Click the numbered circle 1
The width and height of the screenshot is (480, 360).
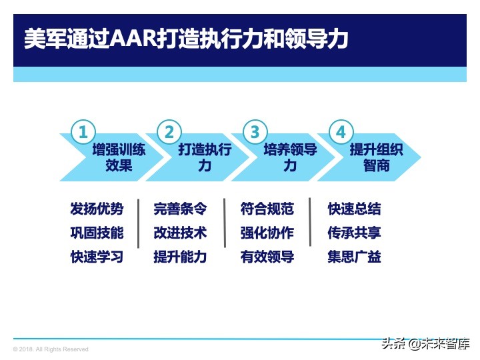tap(82, 131)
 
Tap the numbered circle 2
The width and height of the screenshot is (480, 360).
tap(169, 131)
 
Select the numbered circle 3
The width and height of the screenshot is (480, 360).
tap(255, 131)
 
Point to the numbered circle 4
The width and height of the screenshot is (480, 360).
tap(341, 131)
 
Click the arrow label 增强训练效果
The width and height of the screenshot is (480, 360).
tap(119, 157)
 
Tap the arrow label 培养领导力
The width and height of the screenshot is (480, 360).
tap(290, 157)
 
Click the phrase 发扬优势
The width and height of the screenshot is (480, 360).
tap(97, 209)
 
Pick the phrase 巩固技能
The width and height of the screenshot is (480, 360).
tap(97, 233)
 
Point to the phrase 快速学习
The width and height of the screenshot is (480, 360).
tap(97, 257)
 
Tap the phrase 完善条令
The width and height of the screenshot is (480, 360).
tap(180, 209)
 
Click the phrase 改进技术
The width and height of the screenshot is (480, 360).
tap(180, 233)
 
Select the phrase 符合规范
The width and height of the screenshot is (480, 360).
tap(267, 209)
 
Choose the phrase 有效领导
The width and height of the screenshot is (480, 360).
tap(267, 257)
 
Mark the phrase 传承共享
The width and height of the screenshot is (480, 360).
tap(355, 233)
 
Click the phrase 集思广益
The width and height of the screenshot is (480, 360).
tap(355, 257)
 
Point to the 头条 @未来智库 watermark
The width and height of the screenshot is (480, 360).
tap(425, 344)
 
